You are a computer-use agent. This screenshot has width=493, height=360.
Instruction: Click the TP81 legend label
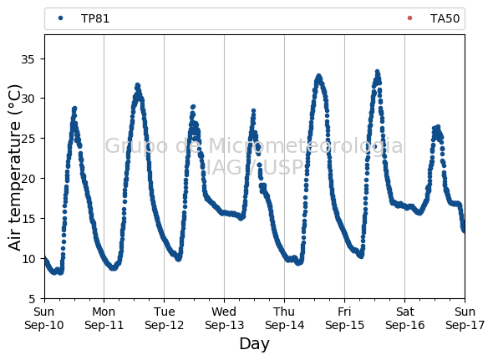pyautogui.click(x=95, y=18)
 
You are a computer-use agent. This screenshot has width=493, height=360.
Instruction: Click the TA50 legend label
pyautogui.click(x=445, y=18)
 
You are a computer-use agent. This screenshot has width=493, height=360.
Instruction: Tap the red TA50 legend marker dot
pyautogui.click(x=409, y=18)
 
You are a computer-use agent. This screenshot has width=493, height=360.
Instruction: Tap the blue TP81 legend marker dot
pyautogui.click(x=61, y=18)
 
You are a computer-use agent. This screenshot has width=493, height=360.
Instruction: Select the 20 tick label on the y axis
pyautogui.click(x=28, y=179)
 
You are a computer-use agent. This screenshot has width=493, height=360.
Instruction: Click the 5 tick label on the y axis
pyautogui.click(x=32, y=299)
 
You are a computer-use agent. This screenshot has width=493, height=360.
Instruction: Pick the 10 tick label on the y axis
pyautogui.click(x=28, y=259)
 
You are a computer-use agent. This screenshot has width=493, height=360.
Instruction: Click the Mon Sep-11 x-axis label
pyautogui.click(x=104, y=318)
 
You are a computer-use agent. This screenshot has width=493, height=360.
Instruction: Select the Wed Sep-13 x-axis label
pyautogui.click(x=224, y=318)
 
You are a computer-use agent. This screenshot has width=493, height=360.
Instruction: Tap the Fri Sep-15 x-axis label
pyautogui.click(x=344, y=318)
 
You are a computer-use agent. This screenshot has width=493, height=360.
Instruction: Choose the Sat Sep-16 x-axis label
pyautogui.click(x=405, y=318)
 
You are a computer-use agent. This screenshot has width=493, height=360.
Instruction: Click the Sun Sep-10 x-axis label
pyautogui.click(x=44, y=318)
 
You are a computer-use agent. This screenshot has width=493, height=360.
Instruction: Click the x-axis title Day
pyautogui.click(x=254, y=344)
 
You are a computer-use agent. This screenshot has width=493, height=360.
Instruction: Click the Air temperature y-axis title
pyautogui.click(x=14, y=168)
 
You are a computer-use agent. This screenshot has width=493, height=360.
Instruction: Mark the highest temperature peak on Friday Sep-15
pyautogui.click(x=378, y=72)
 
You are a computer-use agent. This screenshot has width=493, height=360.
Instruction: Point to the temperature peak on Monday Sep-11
pyautogui.click(x=137, y=85)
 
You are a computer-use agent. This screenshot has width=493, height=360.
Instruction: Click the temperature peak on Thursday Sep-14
pyautogui.click(x=319, y=76)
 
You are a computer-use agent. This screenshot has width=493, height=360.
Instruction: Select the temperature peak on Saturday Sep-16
pyautogui.click(x=438, y=126)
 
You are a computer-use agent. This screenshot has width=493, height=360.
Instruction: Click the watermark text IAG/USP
pyautogui.click(x=254, y=167)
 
